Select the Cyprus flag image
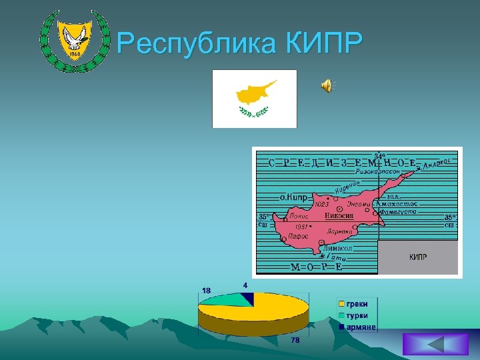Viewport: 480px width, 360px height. coord(254,98)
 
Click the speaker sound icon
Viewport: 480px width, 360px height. coord(327,85)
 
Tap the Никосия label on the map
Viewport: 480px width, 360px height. coord(339,216)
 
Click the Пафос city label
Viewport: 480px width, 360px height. coord(297,236)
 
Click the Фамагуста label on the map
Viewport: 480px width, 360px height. coord(397,211)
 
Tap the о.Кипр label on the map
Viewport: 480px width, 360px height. coord(293,197)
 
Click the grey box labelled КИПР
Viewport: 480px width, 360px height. coord(417,257)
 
